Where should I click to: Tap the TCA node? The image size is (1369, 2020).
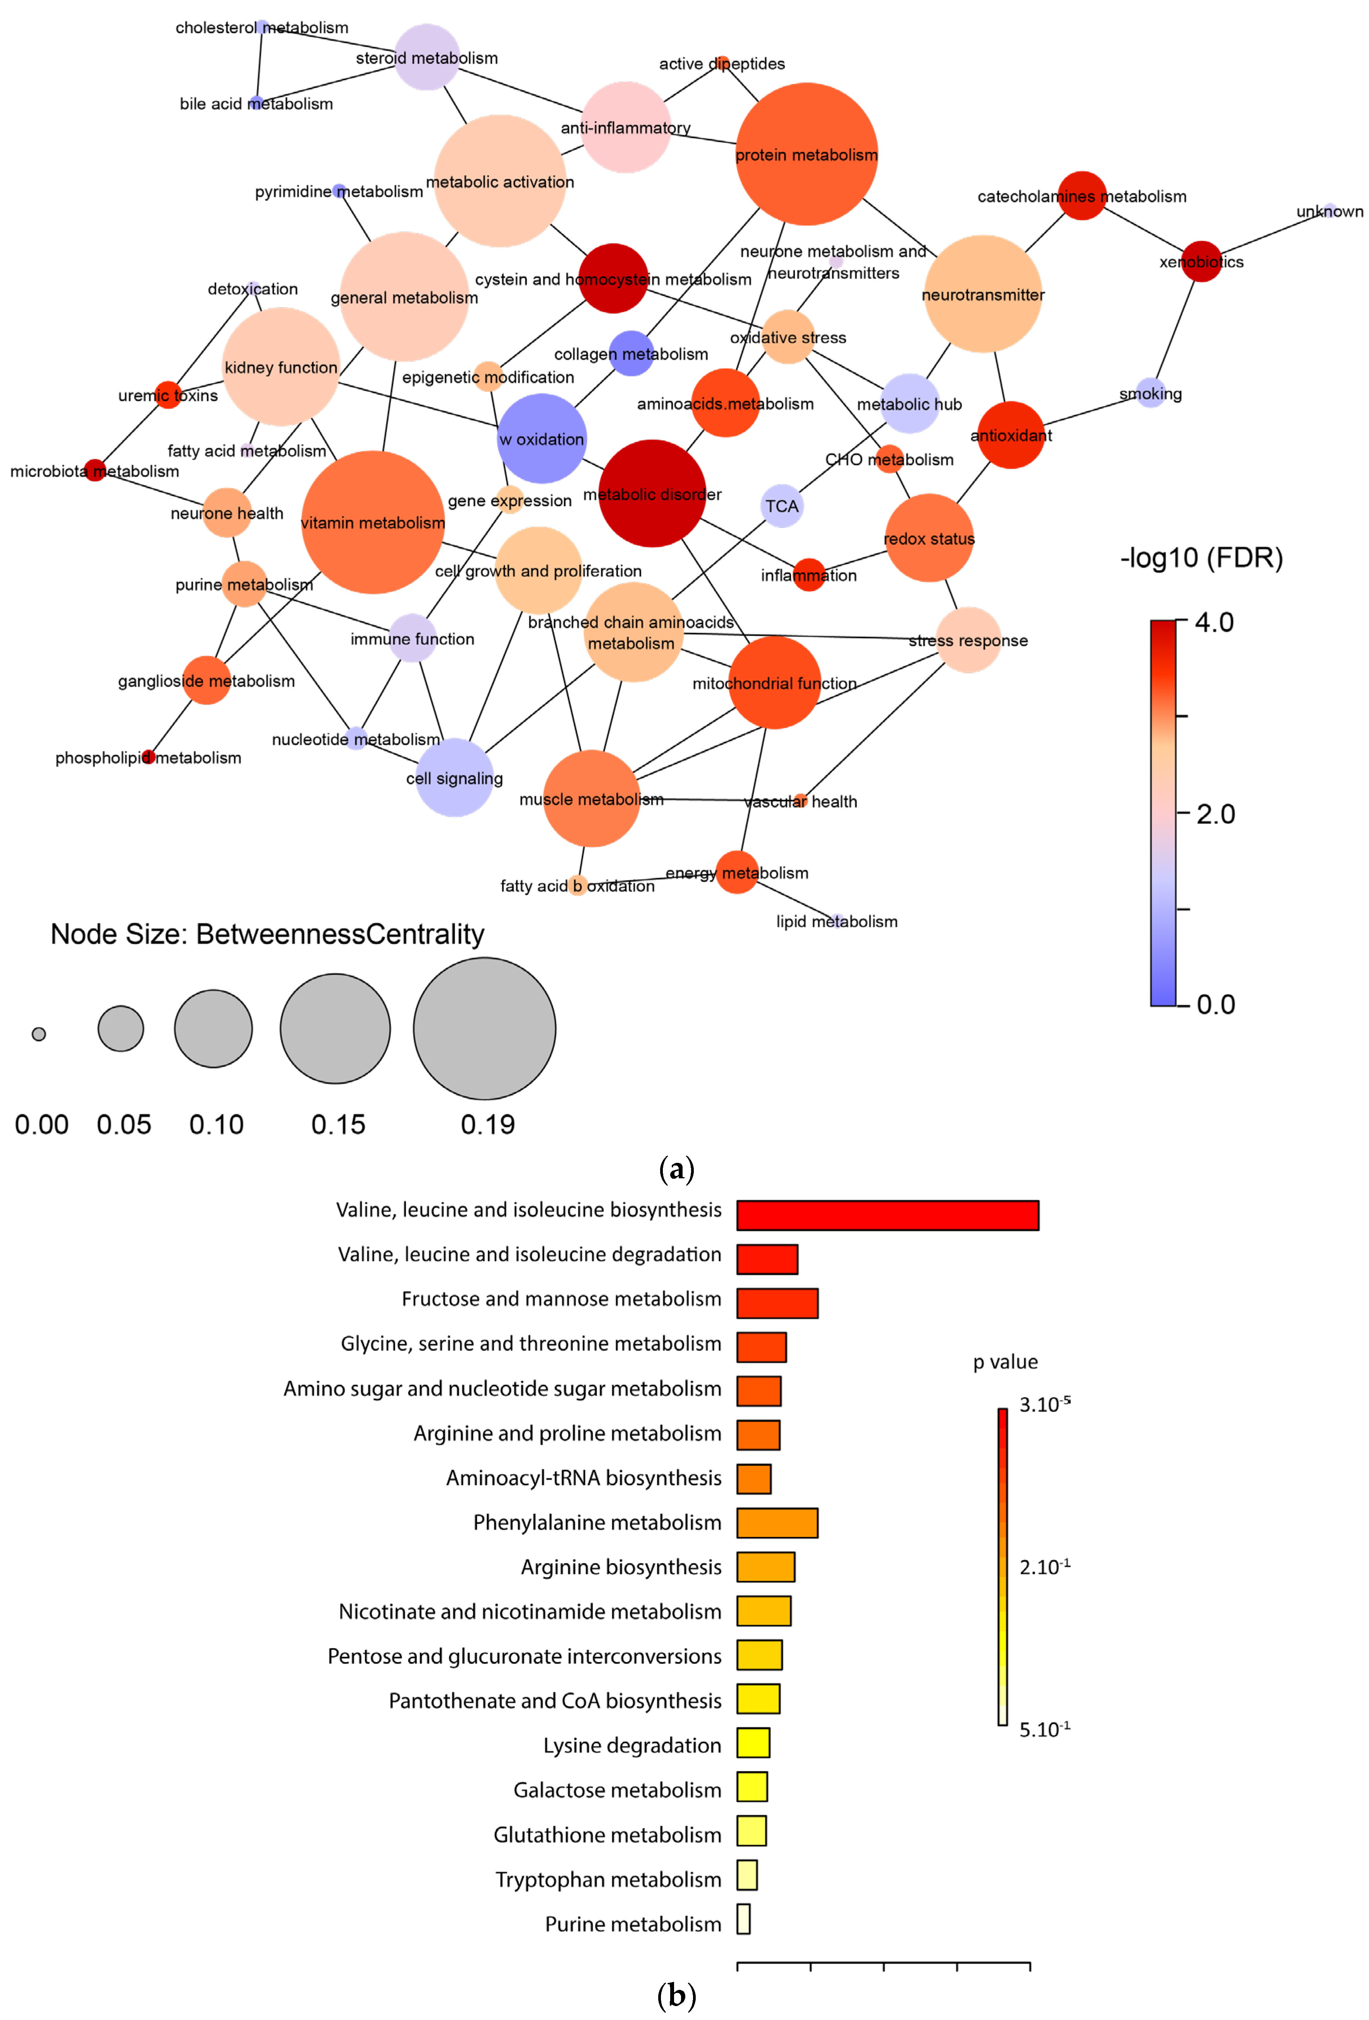[782, 506]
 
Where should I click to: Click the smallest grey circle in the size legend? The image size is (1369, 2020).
[38, 1033]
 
